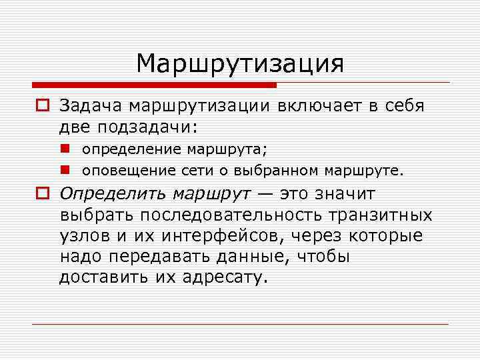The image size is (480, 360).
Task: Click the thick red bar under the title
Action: (154, 85)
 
